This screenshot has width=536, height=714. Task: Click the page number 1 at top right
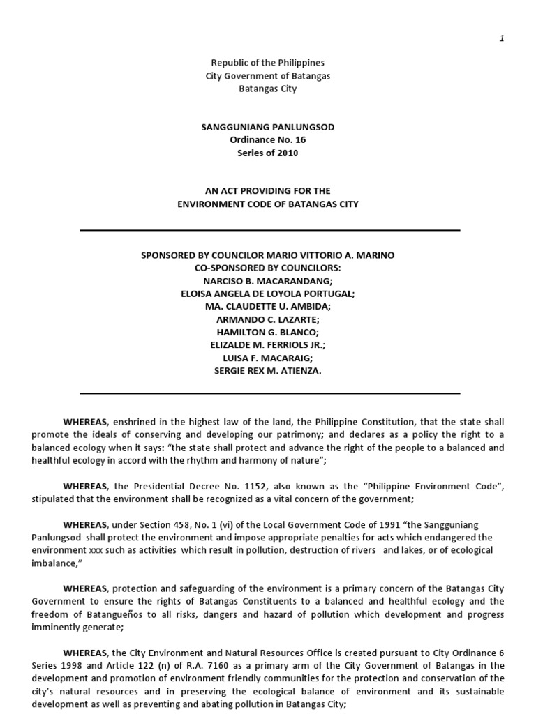coord(502,38)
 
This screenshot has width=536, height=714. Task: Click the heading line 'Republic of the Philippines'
coord(268,63)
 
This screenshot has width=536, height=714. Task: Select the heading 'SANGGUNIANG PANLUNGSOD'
coord(268,126)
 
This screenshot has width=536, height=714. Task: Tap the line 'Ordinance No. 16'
coord(268,139)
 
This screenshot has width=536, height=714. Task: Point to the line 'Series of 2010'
coord(268,153)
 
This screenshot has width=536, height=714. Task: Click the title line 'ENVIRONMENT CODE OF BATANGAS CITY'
coord(268,204)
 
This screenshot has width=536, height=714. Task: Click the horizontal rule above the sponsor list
coord(270,231)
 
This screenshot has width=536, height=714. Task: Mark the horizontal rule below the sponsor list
coord(270,393)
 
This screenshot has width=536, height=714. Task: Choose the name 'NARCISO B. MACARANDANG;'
coord(268,281)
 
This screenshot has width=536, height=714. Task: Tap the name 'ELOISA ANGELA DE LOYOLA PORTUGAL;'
coord(268,294)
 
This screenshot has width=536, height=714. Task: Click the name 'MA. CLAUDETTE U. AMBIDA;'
coord(268,307)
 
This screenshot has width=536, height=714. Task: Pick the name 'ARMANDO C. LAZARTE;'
coord(268,319)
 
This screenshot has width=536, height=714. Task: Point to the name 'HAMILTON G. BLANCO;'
coord(268,333)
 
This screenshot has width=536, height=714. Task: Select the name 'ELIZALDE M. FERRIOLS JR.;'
coord(268,345)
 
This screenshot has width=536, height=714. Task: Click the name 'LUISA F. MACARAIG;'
coord(268,358)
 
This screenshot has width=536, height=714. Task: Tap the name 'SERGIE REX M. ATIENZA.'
coord(268,371)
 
